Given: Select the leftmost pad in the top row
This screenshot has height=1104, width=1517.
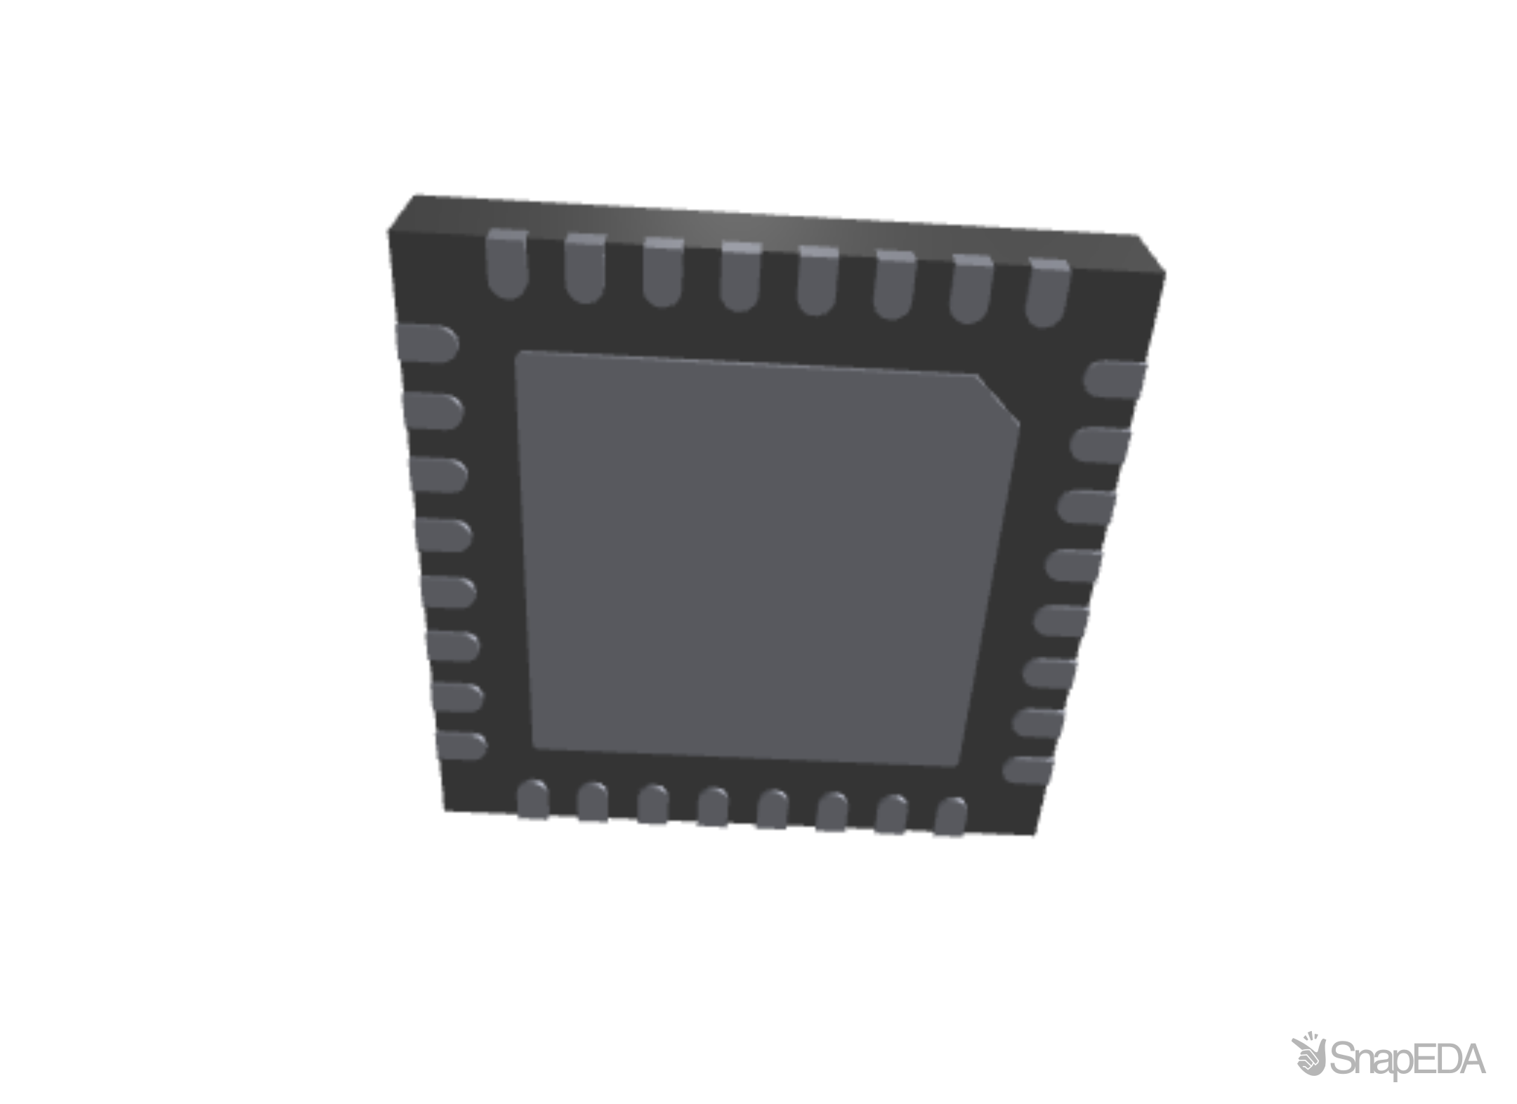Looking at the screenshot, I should point(506,264).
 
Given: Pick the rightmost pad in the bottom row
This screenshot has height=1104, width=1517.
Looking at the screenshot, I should point(950,817).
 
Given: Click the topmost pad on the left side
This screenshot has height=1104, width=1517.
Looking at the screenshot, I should point(426,343).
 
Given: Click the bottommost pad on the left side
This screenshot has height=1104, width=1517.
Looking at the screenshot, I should point(459,745).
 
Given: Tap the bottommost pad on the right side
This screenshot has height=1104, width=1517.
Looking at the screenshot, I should point(1029,770).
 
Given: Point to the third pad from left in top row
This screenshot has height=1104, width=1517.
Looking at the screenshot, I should point(662,272).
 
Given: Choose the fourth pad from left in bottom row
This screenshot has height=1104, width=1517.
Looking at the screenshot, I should point(714,808).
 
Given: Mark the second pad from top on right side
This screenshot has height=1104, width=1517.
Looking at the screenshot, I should point(1101,444).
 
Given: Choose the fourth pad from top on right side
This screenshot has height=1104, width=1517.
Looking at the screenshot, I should point(1075,565).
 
